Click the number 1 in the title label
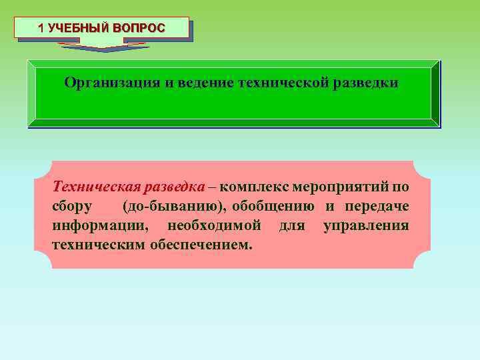point(41,29)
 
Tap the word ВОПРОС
point(138,29)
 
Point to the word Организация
point(112,83)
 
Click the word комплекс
point(255,187)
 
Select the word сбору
point(72,206)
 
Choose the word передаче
point(377,206)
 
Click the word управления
point(366,225)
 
